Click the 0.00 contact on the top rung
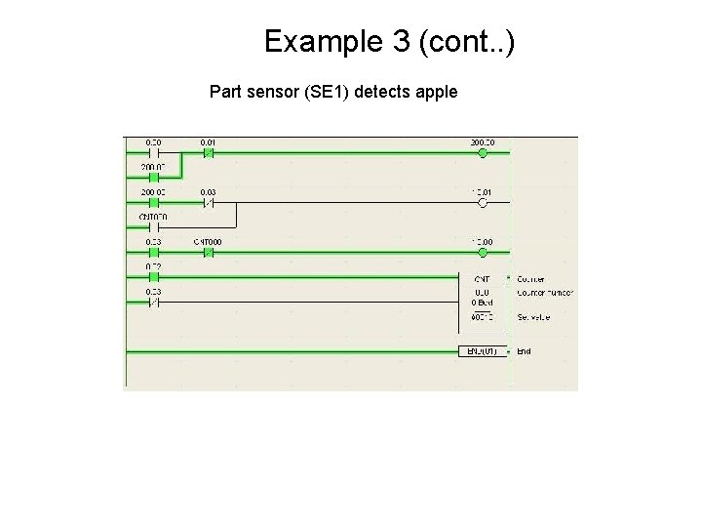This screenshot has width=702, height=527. pos(154,152)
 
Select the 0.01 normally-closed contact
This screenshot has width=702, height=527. pos(208,152)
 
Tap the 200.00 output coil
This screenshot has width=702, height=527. pos(482,152)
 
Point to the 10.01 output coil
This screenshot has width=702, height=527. pos(482,202)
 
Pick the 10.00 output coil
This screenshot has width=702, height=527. pos(482,252)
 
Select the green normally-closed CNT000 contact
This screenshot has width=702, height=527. pos(208,252)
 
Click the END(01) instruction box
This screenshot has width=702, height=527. pos(483,351)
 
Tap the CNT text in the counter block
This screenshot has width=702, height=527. pos(482,279)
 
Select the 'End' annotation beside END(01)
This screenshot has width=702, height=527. pos(525,351)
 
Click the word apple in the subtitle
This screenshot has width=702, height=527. pos(437,94)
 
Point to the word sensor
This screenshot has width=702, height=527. pos(272,94)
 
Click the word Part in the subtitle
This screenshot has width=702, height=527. pos(224,94)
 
